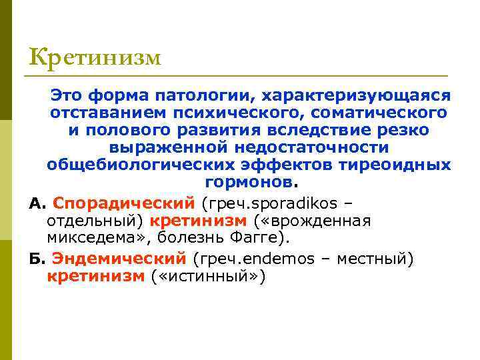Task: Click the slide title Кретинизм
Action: click(x=95, y=57)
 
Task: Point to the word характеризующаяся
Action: click(x=361, y=97)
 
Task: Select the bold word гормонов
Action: click(x=248, y=182)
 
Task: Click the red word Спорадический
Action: click(x=123, y=203)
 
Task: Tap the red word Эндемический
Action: click(x=119, y=258)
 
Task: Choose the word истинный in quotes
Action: click(x=212, y=275)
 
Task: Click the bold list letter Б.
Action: click(x=35, y=258)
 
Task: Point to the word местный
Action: click(x=375, y=258)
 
